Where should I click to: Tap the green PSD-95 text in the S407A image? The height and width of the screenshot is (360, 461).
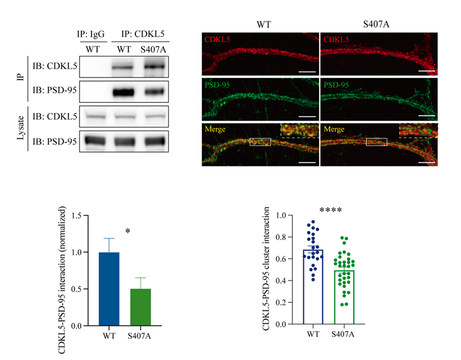336,85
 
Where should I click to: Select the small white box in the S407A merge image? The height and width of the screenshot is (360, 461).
377,142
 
